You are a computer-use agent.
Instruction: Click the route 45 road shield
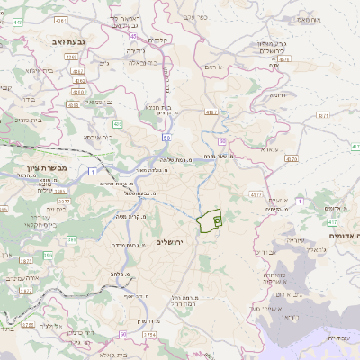click(133, 37)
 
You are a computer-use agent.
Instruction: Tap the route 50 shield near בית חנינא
click(167, 137)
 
